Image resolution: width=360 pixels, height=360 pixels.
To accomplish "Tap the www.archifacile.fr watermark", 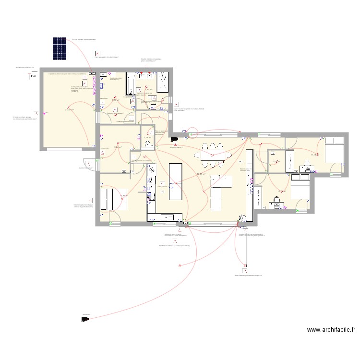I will click(x=331, y=330).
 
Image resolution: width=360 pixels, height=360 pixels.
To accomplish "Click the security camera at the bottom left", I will click(x=85, y=319).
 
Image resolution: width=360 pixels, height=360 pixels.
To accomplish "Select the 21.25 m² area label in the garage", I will click(x=69, y=109).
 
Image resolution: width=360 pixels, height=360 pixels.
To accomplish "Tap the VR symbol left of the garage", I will click(x=34, y=75).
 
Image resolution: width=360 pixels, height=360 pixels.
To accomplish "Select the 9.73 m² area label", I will click(x=116, y=100).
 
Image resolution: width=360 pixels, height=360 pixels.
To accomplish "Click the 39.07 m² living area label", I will click(x=201, y=174).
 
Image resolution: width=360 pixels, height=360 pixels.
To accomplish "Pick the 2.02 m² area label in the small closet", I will click(x=275, y=162).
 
